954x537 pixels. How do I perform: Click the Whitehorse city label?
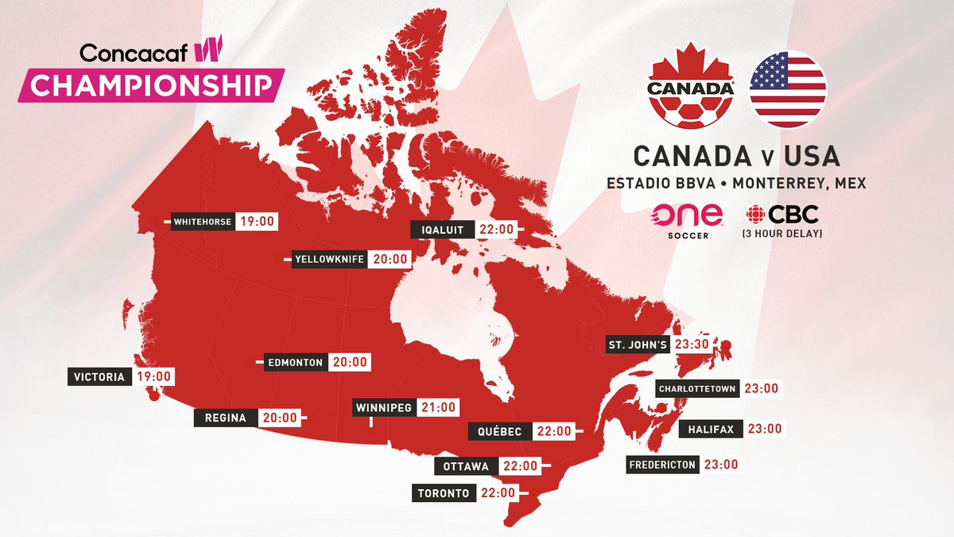203,222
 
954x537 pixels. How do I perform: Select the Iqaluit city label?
441,229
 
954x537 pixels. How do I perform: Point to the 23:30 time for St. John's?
692,345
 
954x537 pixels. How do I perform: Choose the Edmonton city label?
295,362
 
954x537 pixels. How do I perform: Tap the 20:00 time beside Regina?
281,417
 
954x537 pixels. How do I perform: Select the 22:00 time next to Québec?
553,430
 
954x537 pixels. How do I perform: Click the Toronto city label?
444,493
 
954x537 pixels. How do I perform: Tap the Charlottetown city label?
697,388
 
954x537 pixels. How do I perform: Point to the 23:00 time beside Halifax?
764,428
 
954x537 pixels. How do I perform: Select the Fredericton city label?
662,465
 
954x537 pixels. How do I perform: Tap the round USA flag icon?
787,89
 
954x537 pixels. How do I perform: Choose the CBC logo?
782,214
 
